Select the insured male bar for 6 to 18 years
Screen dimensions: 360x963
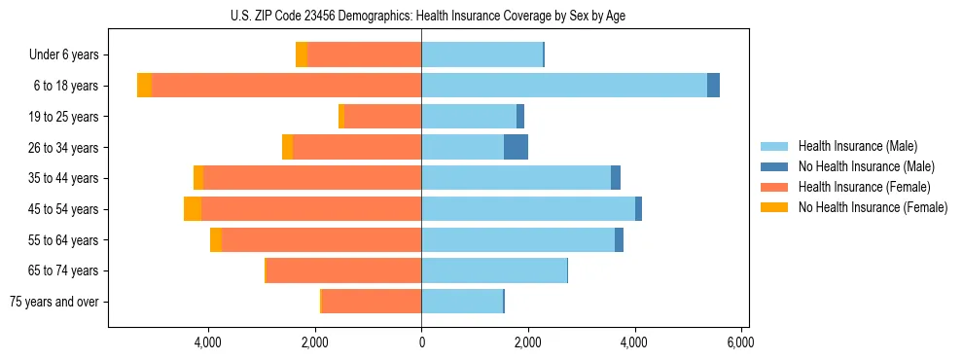[x=564, y=85]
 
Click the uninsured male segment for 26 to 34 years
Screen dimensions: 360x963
[x=516, y=147]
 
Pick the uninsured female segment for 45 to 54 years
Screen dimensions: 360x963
[x=193, y=208]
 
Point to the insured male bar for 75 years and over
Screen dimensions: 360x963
[x=462, y=302]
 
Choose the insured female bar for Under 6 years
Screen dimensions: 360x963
[x=365, y=54]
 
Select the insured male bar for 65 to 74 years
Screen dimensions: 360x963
[x=494, y=270]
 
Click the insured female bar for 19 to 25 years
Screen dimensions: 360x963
[x=383, y=116]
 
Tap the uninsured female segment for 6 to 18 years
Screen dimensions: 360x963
[x=144, y=85]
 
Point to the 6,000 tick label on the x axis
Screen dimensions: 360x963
[x=740, y=342]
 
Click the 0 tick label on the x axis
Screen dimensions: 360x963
[x=421, y=342]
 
